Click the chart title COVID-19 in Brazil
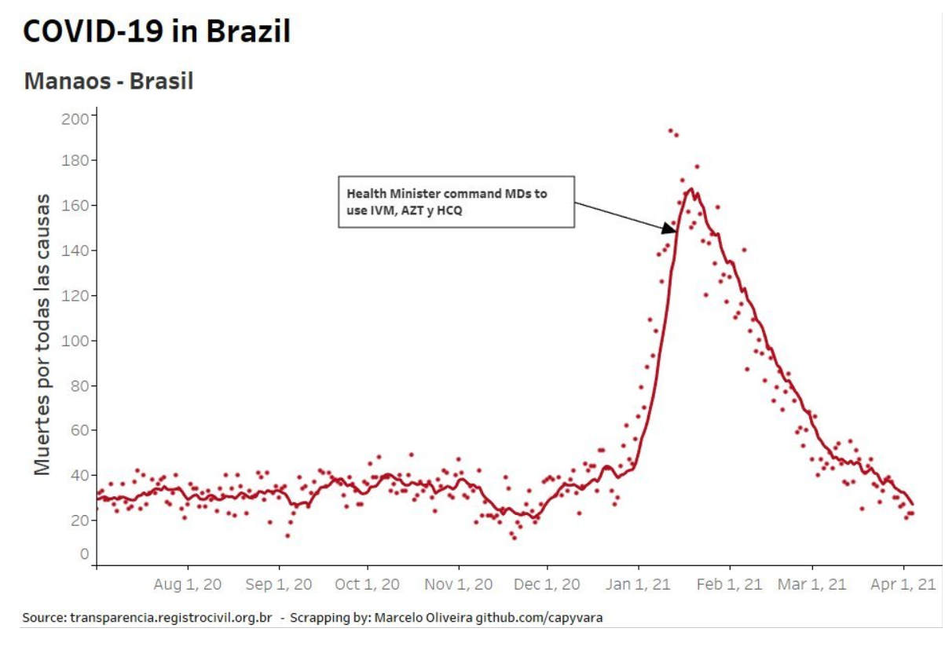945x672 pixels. [x=157, y=31]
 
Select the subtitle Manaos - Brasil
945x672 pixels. [x=108, y=81]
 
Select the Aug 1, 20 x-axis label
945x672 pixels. [x=188, y=585]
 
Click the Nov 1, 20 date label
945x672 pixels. [x=458, y=585]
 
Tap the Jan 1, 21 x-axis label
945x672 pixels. [x=638, y=585]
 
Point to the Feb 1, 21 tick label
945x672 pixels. [x=730, y=585]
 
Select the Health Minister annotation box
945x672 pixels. [x=456, y=202]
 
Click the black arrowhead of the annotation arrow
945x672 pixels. [x=669, y=228]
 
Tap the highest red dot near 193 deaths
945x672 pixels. [x=670, y=131]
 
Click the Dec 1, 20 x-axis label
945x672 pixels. [x=548, y=585]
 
